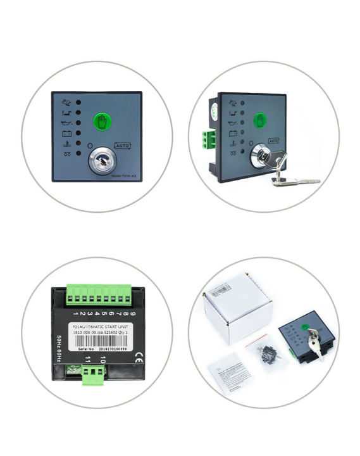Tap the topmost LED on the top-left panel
[78, 101]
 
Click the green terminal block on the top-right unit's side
[206, 139]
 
